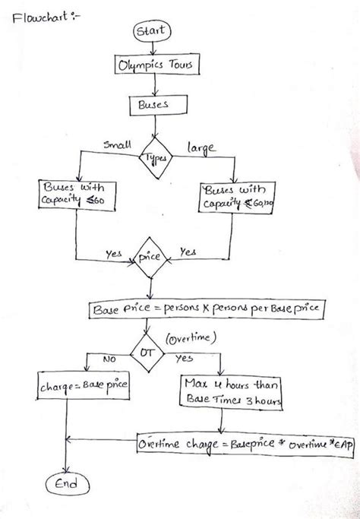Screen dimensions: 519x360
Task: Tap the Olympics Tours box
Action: click(155, 67)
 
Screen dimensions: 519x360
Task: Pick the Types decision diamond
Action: click(157, 157)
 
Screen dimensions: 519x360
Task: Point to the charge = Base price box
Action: click(82, 388)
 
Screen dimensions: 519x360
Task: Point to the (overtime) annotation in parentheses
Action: click(193, 334)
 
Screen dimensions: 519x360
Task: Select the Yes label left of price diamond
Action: click(115, 255)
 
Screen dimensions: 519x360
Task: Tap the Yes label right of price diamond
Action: click(188, 251)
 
